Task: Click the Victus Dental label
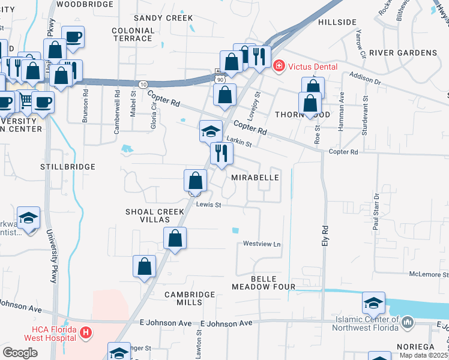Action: point(312,67)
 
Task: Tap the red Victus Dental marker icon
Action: point(279,66)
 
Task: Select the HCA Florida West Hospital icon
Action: point(86,332)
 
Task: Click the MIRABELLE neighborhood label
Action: point(255,178)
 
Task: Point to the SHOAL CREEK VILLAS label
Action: point(154,217)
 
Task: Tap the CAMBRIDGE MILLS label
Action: point(190,298)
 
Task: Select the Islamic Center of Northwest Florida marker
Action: point(408,323)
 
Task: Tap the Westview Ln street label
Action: point(262,244)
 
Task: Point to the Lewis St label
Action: point(209,205)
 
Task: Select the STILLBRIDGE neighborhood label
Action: point(68,166)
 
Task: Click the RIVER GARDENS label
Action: point(403,53)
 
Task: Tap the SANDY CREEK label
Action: point(155,18)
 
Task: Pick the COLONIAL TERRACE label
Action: point(133,34)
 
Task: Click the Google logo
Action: point(20,353)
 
